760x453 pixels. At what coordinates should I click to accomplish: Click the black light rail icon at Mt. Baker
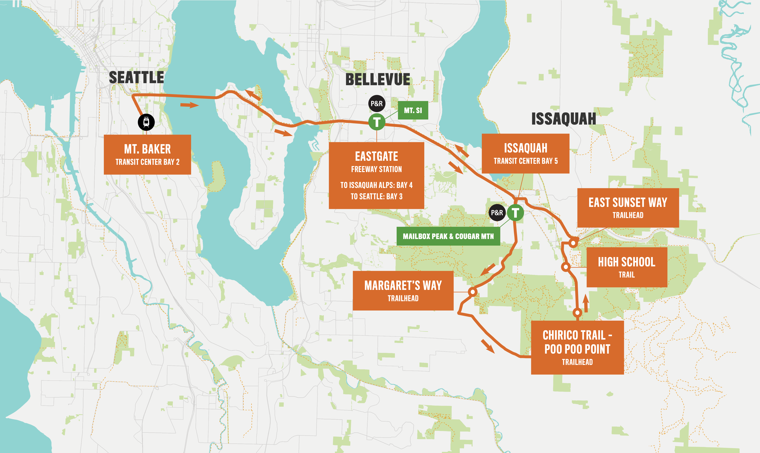146,122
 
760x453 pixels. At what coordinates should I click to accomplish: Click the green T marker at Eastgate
377,122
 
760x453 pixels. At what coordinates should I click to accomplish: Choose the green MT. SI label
413,110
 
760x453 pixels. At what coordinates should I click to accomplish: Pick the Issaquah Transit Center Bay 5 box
525,153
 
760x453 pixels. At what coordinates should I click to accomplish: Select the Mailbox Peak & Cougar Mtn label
448,236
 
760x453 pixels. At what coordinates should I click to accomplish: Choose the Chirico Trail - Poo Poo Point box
577,347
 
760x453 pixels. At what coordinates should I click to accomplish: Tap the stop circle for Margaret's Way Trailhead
472,292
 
